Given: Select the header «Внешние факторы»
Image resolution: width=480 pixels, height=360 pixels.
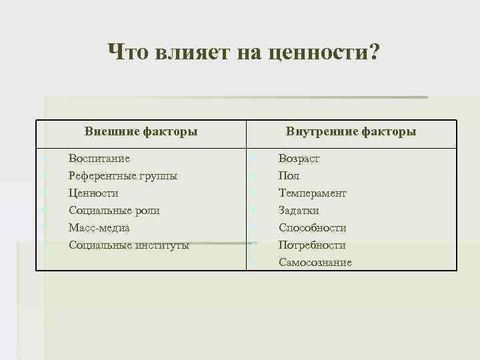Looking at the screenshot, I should tap(141, 131).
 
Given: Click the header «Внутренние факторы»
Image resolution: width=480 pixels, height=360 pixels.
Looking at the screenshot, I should tap(351, 131).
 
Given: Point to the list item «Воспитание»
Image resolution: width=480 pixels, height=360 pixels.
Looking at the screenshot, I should tap(99, 159).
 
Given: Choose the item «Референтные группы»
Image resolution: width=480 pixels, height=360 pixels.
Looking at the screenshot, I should tap(123, 176).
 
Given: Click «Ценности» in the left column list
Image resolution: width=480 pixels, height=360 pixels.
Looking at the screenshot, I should tap(93, 193).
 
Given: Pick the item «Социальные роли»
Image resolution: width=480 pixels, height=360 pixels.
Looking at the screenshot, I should tap(114, 211).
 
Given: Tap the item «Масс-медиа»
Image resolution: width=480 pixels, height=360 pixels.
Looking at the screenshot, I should tap(99, 228).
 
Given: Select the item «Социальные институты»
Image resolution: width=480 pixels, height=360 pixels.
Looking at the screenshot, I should tap(129, 245).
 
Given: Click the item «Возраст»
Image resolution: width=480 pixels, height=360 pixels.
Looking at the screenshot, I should tap(299, 159).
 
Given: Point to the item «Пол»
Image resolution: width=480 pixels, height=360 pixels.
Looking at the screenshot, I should tap(289, 176).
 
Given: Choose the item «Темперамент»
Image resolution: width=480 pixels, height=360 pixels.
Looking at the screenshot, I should tap(313, 193).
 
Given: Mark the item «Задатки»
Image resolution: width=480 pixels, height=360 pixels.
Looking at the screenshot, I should tap(299, 211).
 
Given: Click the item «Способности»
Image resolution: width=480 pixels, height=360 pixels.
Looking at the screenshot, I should tap(312, 228).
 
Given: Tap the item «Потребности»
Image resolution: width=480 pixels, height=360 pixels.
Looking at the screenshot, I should tap(312, 245).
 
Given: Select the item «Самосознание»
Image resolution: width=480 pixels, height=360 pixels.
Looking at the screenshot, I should tap(315, 263).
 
